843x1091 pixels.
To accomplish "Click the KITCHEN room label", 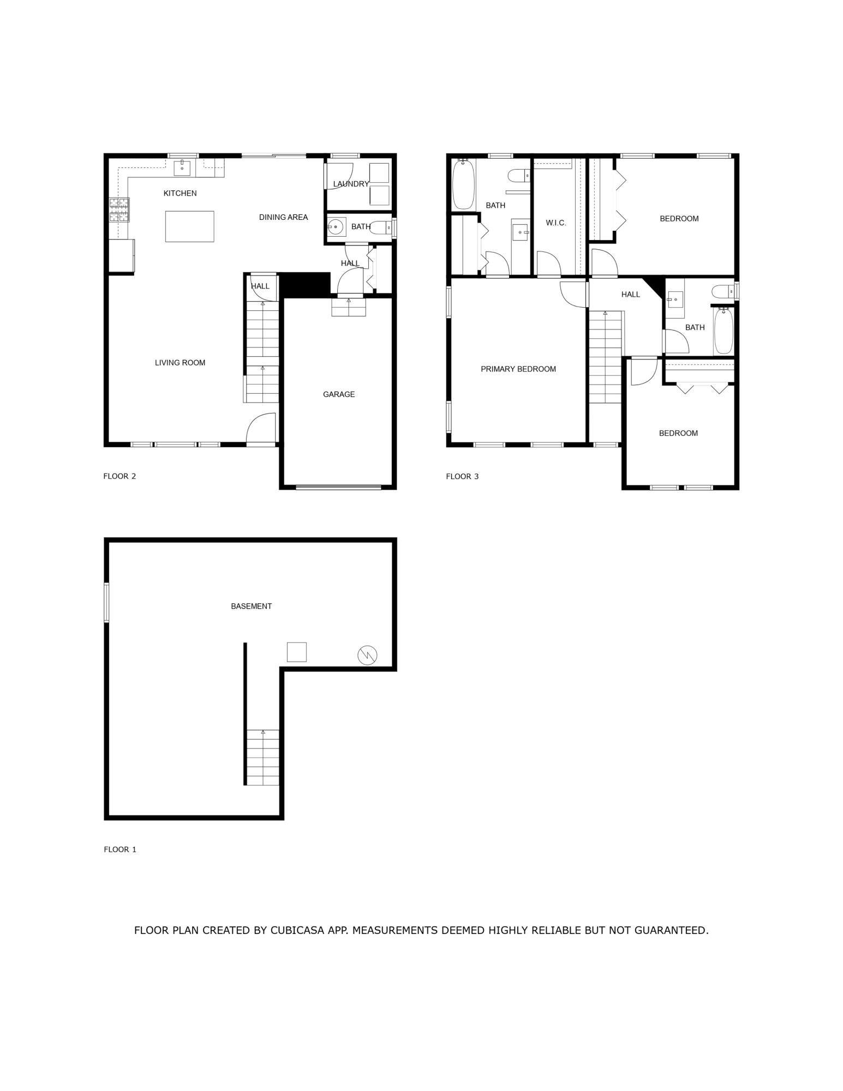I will coord(180,193).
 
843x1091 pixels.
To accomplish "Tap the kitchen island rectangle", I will coord(189,226).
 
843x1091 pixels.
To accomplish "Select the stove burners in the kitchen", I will coord(119,210).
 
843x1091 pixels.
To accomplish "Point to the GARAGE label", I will coord(338,394).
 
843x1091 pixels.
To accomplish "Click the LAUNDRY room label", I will coord(351,184).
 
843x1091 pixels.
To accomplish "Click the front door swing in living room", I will coord(261,429).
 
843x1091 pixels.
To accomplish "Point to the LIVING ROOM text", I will coord(180,363).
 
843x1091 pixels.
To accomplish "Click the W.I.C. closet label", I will coord(556,223).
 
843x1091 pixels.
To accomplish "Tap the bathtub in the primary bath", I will coord(464,184).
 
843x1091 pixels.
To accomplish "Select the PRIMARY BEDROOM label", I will coord(518,369).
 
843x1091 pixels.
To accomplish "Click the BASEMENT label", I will coord(251,606).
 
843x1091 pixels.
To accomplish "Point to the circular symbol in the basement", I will coord(367,655).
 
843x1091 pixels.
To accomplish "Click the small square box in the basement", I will coord(296,652).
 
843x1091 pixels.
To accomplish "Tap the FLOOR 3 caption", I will coord(462,476).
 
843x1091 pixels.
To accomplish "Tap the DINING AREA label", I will coord(283,217).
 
